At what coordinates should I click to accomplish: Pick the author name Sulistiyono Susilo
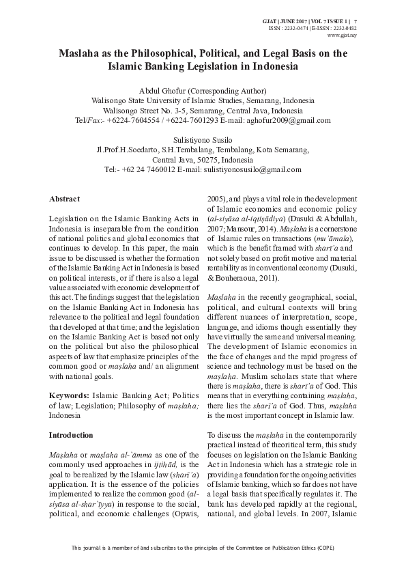[x=202, y=139]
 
